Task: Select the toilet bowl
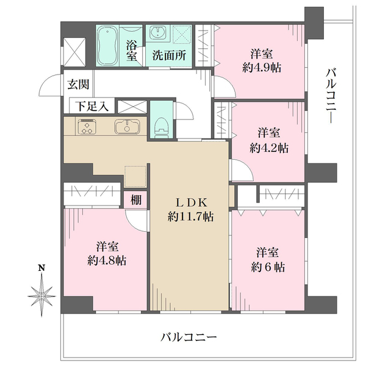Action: point(160,125)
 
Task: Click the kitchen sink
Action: point(126,127)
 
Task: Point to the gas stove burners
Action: point(87,127)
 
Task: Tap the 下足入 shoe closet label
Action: point(91,106)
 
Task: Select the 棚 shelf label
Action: point(135,200)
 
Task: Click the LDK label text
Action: point(190,202)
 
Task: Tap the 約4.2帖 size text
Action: point(268,147)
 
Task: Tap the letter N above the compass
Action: point(41,267)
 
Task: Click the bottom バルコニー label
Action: point(189,337)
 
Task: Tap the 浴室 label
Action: point(131,50)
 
